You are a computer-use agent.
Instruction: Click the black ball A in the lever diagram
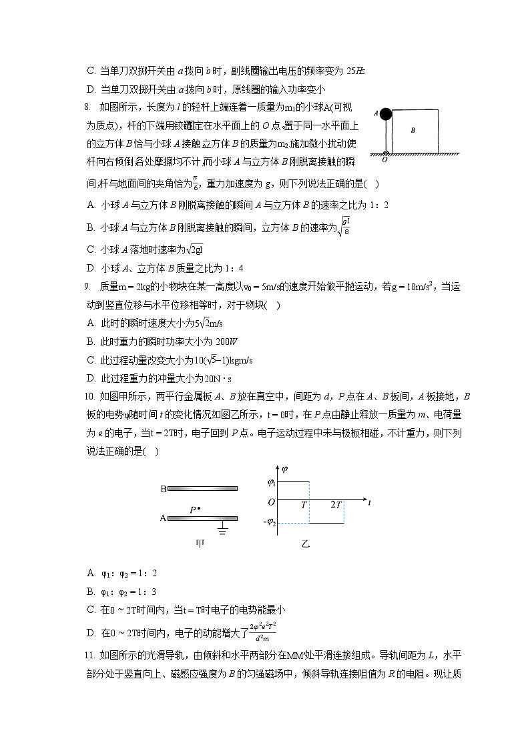click(x=386, y=113)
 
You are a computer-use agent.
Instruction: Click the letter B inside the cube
click(x=413, y=131)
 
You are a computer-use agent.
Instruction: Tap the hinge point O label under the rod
click(x=384, y=160)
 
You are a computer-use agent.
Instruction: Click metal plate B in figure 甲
click(x=202, y=489)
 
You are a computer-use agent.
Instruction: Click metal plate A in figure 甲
click(x=202, y=518)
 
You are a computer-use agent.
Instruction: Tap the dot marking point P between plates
click(x=199, y=508)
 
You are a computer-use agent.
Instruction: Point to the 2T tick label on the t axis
click(x=337, y=505)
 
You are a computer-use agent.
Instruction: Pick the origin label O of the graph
click(x=271, y=502)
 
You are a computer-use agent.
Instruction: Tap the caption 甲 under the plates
click(x=200, y=544)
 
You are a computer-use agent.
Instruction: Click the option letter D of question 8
click(x=91, y=269)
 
